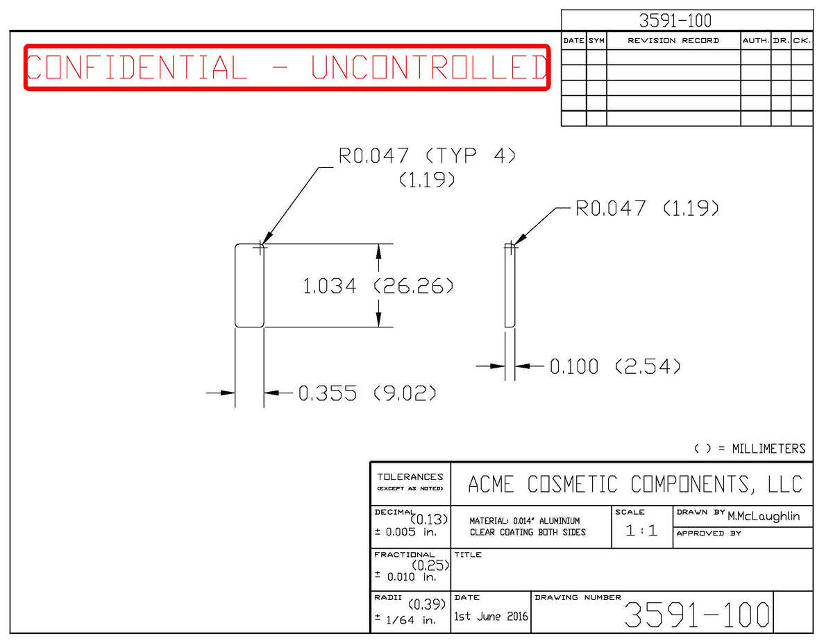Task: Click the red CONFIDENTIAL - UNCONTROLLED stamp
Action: point(287,67)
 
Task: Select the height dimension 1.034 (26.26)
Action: point(378,286)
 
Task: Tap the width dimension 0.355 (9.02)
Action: point(367,393)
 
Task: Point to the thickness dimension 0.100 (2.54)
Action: point(615,366)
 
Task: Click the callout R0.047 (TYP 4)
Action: point(427,156)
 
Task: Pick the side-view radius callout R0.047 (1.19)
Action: point(647,208)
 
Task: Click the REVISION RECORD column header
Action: point(673,41)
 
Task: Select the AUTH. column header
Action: point(755,41)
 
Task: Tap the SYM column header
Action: point(596,41)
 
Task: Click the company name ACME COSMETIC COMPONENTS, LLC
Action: point(634,484)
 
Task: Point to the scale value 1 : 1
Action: point(641,531)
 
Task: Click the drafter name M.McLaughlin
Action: point(764,516)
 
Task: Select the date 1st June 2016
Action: point(491,616)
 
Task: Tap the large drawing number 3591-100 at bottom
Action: point(697,615)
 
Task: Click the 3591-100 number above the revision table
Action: point(675,21)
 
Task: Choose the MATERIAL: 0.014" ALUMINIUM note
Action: point(524,521)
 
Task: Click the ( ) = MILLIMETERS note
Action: point(750,449)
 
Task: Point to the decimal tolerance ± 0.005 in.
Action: point(405,532)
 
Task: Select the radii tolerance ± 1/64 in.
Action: point(405,620)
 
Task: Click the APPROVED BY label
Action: point(709,533)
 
